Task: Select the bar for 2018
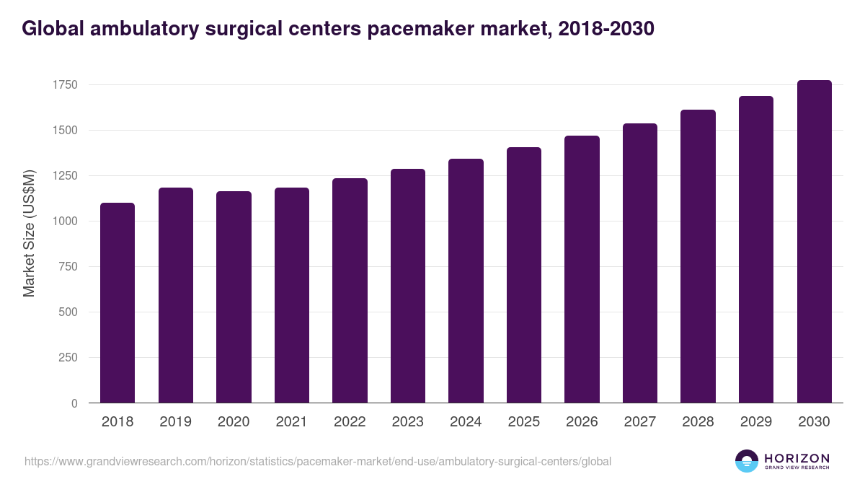[x=117, y=303]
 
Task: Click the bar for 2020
[x=234, y=297]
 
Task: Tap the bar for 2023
[x=407, y=286]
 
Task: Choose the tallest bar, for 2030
[x=814, y=242]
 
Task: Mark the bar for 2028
[x=698, y=256]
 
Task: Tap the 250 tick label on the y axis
[x=67, y=358]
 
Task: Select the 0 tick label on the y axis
[x=74, y=403]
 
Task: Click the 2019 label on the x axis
[x=175, y=422]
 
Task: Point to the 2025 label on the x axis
[x=523, y=422]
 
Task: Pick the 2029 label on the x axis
[x=755, y=422]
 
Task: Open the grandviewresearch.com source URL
[x=318, y=461]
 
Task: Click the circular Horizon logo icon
[x=746, y=461]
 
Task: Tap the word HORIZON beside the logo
[x=797, y=457]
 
